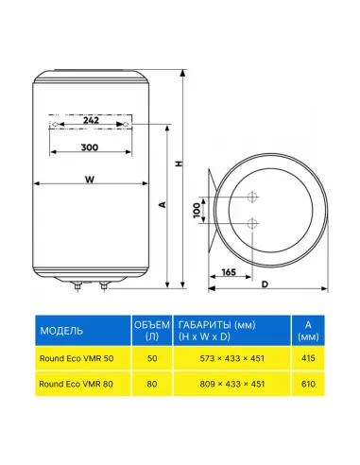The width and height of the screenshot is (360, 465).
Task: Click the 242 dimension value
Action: pyautogui.click(x=91, y=120)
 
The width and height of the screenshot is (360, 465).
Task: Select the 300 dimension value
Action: pyautogui.click(x=90, y=147)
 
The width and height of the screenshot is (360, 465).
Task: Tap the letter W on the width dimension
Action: pyautogui.click(x=90, y=180)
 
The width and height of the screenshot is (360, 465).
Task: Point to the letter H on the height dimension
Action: pyautogui.click(x=179, y=164)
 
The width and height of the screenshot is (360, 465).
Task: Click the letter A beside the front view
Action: pyautogui.click(x=163, y=205)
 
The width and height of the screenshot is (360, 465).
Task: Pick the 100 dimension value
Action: pyautogui.click(x=197, y=210)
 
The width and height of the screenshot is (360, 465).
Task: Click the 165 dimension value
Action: pyautogui.click(x=229, y=272)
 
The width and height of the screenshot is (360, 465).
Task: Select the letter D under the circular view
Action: pyautogui.click(x=265, y=284)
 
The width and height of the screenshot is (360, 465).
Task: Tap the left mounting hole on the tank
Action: pyautogui.click(x=55, y=125)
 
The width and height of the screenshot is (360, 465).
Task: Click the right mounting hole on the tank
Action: pyautogui.click(x=127, y=125)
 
